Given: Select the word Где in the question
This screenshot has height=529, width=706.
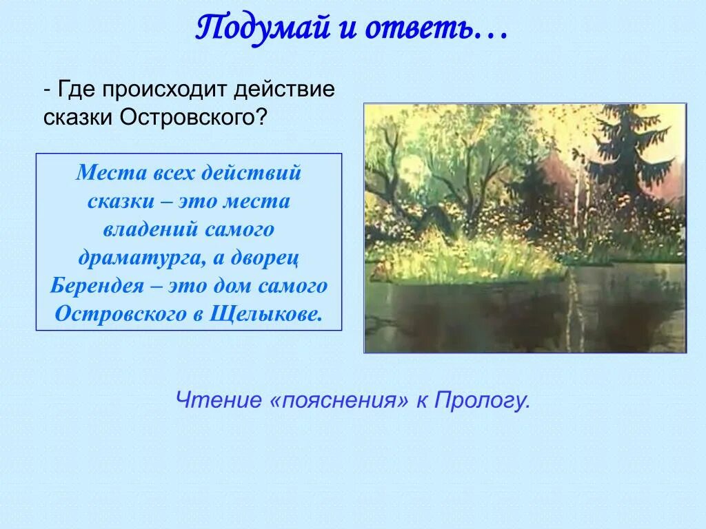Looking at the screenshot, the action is tap(76, 90).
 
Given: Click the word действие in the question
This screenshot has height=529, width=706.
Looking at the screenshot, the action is tap(285, 90).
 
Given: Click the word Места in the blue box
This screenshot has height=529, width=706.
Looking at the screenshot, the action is tap(111, 172).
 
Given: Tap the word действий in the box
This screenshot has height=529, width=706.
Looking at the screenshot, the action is tap(251, 173).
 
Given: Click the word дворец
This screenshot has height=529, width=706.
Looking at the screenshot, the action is tap(265, 258).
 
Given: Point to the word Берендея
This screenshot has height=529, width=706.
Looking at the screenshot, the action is tap(97, 286).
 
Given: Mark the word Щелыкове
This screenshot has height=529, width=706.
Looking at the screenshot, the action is tap(266, 314).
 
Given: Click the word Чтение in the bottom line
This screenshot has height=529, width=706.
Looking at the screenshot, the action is tap(219, 400).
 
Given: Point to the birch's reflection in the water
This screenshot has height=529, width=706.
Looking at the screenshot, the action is tap(574, 306).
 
